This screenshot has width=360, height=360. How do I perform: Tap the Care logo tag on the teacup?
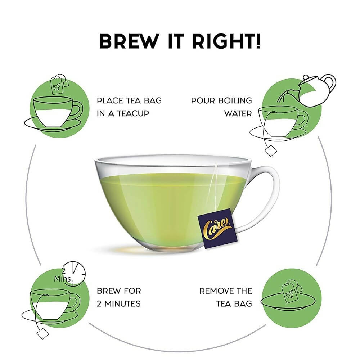click(x=216, y=228)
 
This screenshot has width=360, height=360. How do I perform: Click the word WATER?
click(x=238, y=113)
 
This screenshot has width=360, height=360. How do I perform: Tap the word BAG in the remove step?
click(x=243, y=303)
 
